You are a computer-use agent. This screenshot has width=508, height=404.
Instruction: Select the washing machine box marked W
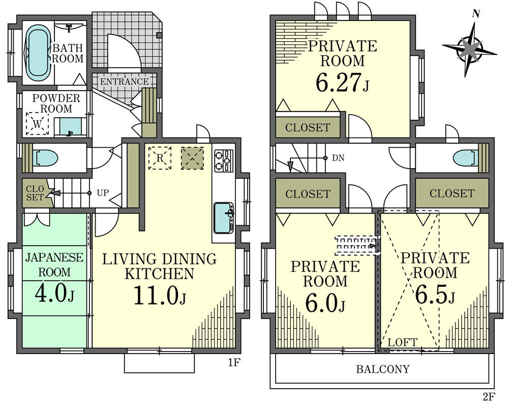[37, 123]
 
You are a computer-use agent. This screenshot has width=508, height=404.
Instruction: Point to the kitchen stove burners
[223, 160]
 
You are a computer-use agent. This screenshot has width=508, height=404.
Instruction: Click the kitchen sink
[223, 213]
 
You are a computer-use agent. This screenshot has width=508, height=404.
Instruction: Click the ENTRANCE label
[124, 82]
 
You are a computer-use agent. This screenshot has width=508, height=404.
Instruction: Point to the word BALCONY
[382, 369]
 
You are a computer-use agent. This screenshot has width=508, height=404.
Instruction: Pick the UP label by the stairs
[102, 193]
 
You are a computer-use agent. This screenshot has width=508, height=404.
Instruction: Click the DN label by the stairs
[338, 158]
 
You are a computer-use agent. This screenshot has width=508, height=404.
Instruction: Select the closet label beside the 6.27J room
[308, 128]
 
